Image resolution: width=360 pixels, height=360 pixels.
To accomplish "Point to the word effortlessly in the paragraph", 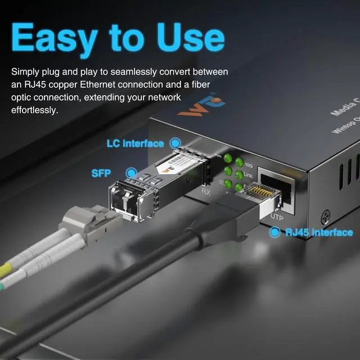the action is point(34,110).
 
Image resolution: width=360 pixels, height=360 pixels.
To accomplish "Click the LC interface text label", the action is point(135,143).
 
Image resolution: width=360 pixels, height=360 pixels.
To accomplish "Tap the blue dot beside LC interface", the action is point(175,143).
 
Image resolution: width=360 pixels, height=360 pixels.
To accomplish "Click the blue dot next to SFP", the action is point(132,173).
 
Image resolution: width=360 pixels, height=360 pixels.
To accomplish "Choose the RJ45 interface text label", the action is point(319,232).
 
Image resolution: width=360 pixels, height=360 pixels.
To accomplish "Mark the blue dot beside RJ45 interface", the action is point(275,232).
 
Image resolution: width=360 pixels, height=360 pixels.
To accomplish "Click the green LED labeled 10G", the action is point(239,163).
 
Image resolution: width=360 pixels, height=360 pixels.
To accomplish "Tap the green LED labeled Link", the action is point(239,175).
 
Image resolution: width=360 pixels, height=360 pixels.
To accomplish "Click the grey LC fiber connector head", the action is point(84,222).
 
